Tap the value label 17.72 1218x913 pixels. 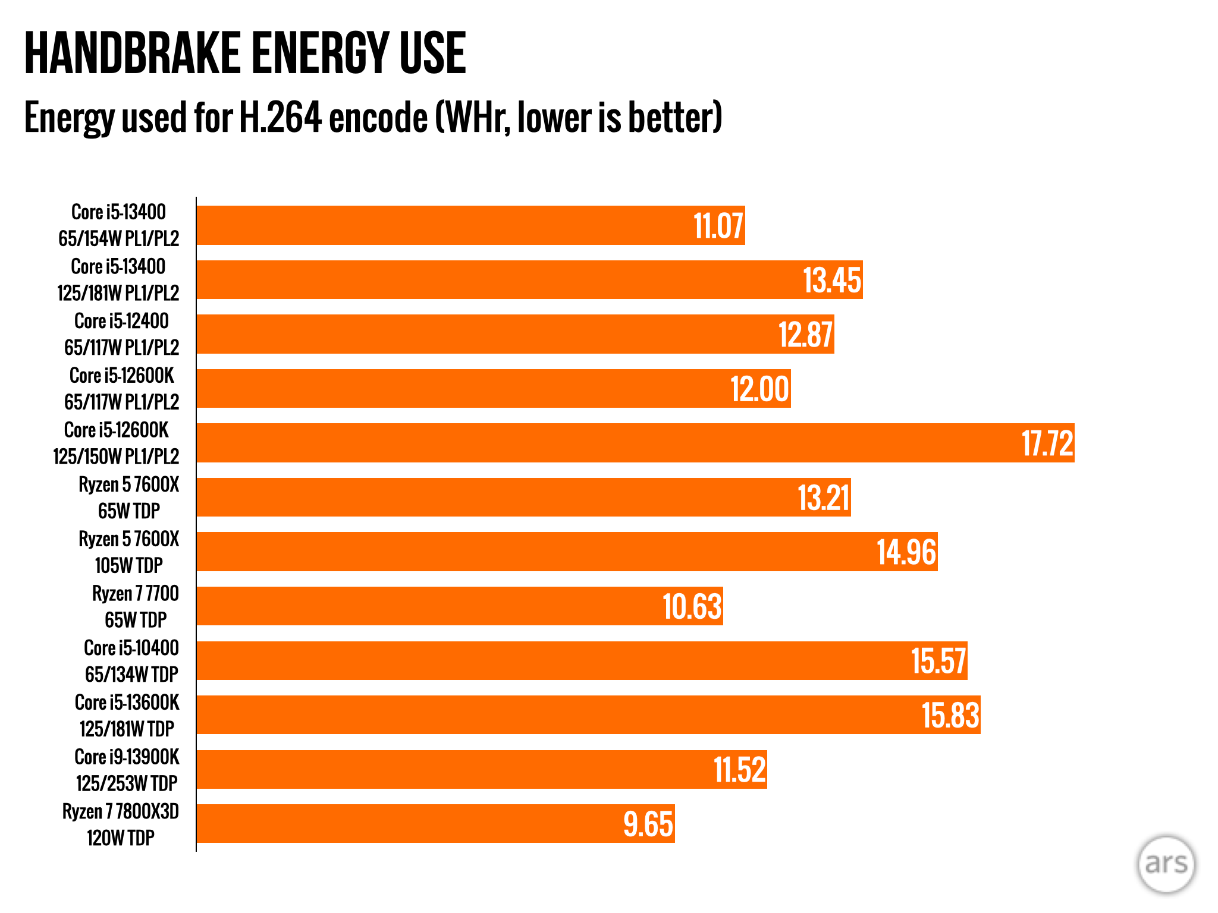[x=1047, y=443]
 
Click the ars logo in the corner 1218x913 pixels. [x=1166, y=864]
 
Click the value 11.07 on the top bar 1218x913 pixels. [x=718, y=226]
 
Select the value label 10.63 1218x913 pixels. [x=692, y=607]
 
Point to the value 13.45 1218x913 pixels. [x=831, y=280]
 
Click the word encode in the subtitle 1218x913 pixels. [x=378, y=118]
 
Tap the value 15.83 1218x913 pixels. [x=950, y=715]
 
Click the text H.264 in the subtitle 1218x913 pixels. [x=280, y=118]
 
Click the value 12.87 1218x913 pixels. [x=805, y=335]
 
